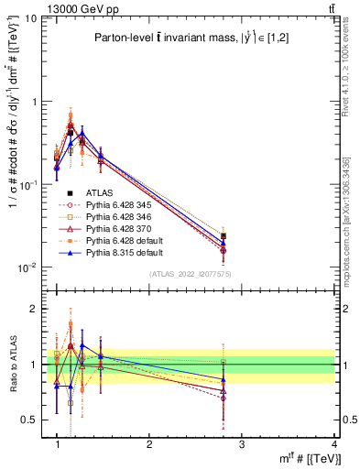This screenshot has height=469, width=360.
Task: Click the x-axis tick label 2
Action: pos(149,444)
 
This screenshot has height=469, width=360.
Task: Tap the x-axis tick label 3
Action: pos(242,444)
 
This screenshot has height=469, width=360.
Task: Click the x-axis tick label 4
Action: pos(334,444)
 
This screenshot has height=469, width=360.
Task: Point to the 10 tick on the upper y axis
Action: pos(30,19)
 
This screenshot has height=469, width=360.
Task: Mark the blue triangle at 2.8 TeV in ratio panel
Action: pos(224,379)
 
